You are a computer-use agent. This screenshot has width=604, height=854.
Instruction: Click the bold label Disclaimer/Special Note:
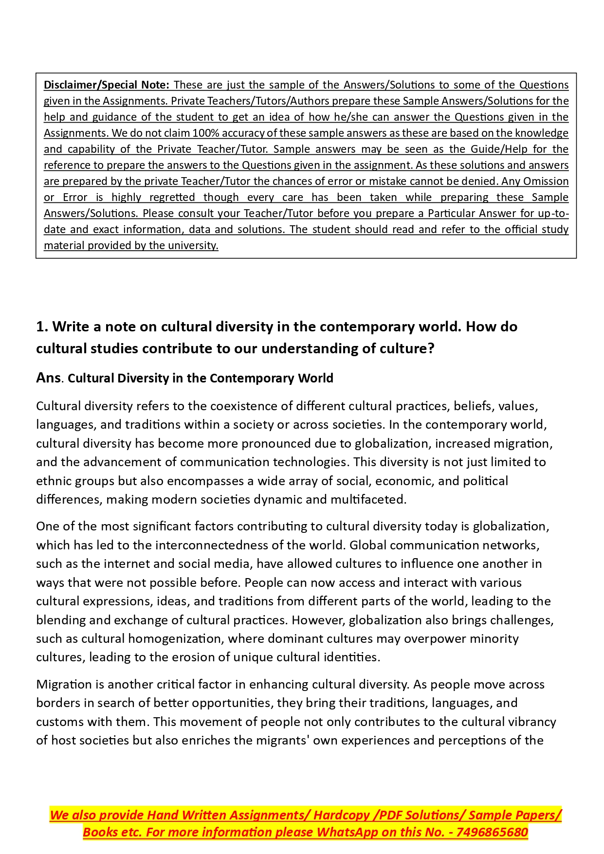click(x=106, y=85)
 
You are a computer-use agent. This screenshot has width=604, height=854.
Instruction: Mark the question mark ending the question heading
click(x=430, y=348)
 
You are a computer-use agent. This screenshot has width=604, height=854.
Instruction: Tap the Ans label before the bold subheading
click(x=48, y=378)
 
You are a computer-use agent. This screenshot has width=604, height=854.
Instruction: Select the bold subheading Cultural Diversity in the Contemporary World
click(x=201, y=378)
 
